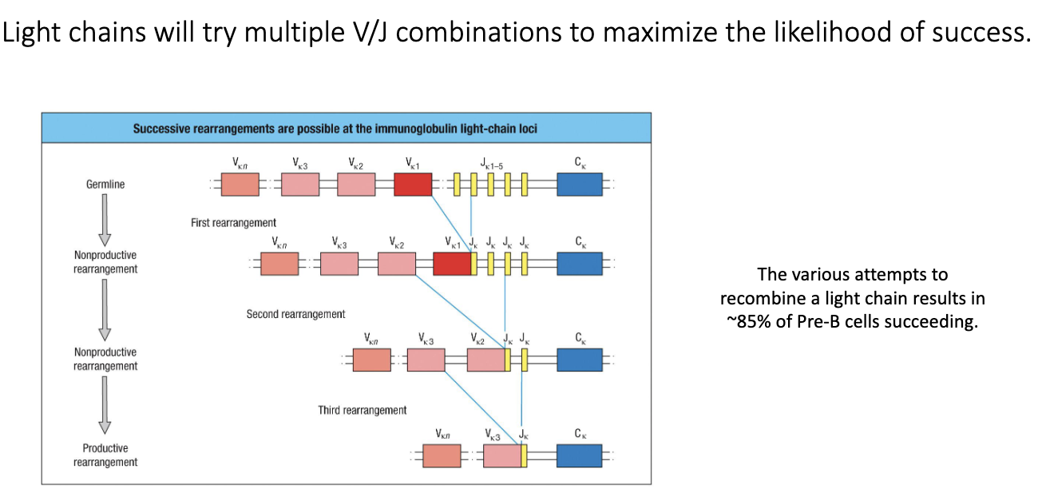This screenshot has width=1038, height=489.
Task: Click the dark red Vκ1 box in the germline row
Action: [x=413, y=185]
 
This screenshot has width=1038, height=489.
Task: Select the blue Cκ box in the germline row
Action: [x=579, y=185]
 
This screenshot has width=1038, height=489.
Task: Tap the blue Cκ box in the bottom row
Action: [x=579, y=455]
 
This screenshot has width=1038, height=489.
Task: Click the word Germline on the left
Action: [x=105, y=185]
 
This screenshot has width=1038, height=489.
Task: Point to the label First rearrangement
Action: [x=233, y=223]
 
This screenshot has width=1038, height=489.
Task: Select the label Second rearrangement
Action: [x=295, y=314]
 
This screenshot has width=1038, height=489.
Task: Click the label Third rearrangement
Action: [x=362, y=410]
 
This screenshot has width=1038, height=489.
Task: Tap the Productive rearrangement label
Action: [x=105, y=455]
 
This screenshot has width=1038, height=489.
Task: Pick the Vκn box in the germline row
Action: [x=240, y=185]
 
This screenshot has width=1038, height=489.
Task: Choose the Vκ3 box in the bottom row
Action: [x=501, y=455]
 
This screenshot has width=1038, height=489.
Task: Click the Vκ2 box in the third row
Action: [x=485, y=360]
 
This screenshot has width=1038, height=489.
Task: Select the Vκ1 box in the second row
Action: [x=452, y=264]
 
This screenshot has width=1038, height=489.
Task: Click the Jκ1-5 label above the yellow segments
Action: [x=491, y=163]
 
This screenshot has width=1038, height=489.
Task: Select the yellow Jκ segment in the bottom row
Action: [x=524, y=455]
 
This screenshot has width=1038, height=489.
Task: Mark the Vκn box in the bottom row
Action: [x=442, y=455]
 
